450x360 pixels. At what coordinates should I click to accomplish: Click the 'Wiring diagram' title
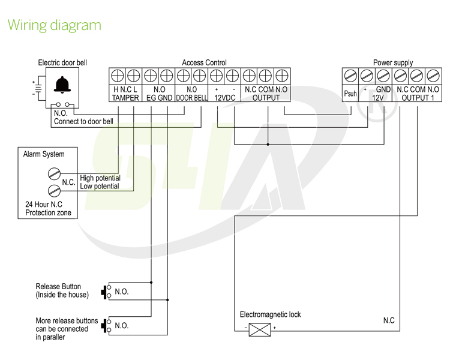[x=54, y=25]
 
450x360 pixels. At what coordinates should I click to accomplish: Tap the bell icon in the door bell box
[x=61, y=85]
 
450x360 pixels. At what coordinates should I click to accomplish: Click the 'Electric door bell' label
[x=62, y=62]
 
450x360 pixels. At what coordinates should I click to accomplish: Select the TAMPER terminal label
[x=125, y=98]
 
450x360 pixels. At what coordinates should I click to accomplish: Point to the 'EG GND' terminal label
[x=159, y=98]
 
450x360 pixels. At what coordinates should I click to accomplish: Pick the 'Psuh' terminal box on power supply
[x=350, y=94]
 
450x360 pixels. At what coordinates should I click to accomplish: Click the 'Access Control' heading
[x=204, y=62]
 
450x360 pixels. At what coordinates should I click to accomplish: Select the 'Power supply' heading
[x=393, y=62]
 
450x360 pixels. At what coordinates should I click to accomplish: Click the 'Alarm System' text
[x=44, y=154]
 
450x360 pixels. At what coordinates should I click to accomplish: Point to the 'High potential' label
[x=100, y=178]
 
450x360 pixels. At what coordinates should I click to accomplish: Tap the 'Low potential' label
[x=100, y=187]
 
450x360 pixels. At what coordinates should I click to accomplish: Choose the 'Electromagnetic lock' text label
[x=270, y=314]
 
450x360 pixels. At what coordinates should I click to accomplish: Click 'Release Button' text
[x=58, y=287]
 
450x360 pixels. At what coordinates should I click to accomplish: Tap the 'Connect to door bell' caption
[x=83, y=121]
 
